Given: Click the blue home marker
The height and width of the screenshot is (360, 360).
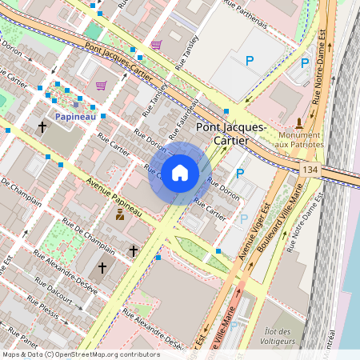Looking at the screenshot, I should click(180, 173).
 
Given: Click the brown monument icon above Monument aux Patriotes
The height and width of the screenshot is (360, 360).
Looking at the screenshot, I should click(299, 122).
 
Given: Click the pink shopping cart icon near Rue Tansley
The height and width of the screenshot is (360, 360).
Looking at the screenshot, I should click(156, 45).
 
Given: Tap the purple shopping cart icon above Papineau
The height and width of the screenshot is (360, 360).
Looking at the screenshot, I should click(101, 85).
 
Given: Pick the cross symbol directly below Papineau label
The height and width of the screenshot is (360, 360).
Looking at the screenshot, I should click(42, 126).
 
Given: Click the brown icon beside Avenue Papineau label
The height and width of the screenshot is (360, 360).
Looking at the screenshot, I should click(121, 214).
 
